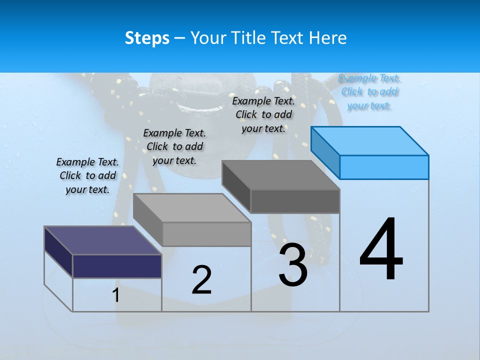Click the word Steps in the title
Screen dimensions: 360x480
tap(147, 38)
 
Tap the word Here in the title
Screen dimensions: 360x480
tap(327, 38)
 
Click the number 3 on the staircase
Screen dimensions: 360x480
tap(293, 265)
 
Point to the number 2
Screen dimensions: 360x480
tap(201, 279)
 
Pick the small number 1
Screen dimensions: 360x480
tap(116, 295)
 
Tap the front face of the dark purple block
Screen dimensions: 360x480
tap(117, 266)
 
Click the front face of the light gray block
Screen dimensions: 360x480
tap(206, 234)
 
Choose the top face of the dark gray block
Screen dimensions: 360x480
tap(280, 174)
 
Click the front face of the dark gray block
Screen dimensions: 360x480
tap(295, 201)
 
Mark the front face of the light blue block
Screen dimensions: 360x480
tap(384, 167)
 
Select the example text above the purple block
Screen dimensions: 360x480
tap(87, 175)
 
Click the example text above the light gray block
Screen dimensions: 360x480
tap(174, 146)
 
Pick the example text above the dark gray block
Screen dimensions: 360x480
tap(263, 114)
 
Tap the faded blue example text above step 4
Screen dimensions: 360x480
tap(369, 91)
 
